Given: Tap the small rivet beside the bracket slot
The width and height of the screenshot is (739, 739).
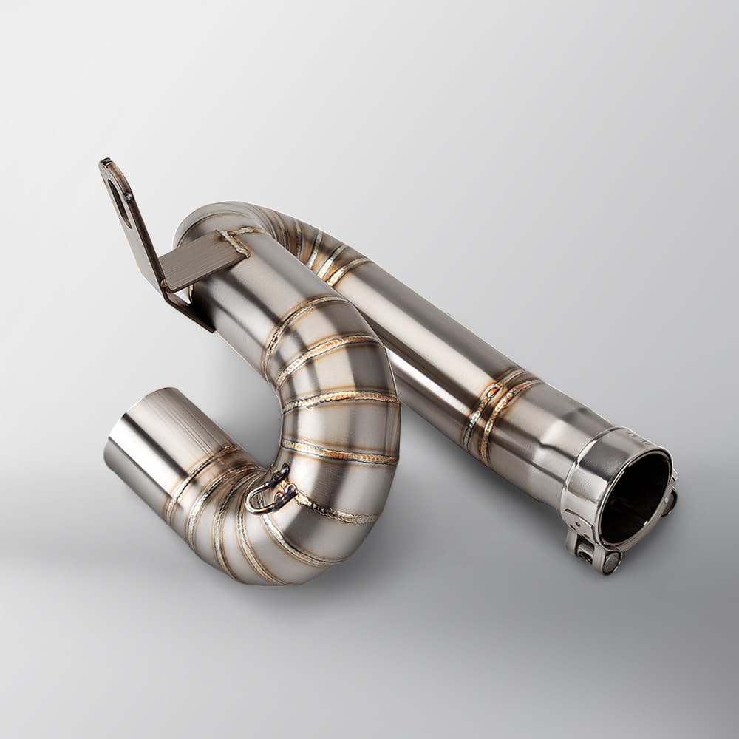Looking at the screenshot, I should tap(130, 197).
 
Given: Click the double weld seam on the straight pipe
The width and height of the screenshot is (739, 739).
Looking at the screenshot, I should tap(491, 410).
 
